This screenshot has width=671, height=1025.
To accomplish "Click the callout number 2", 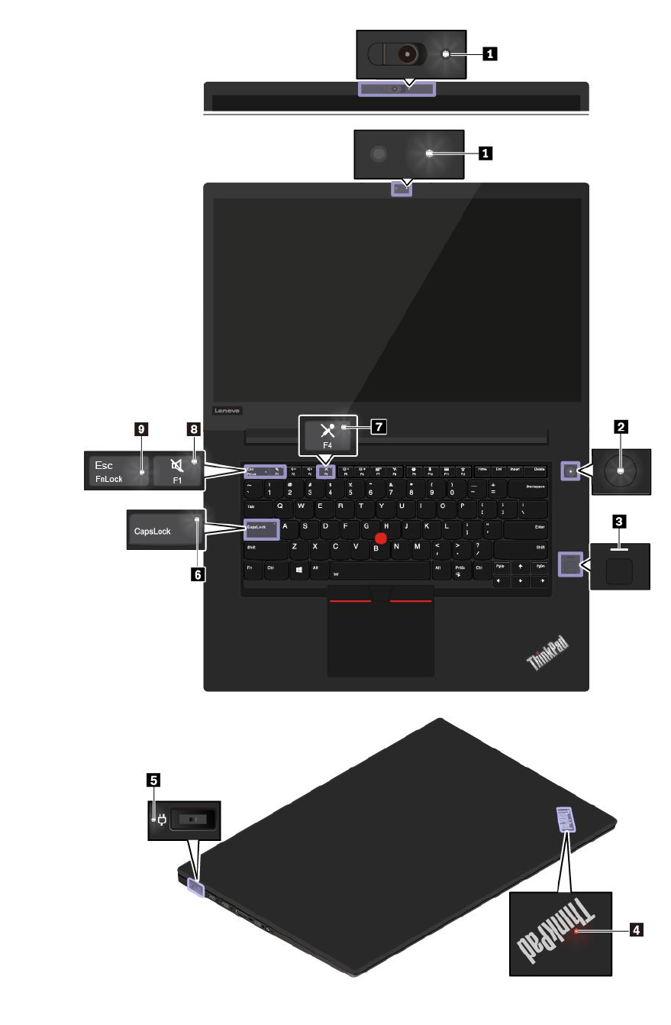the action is click(x=622, y=428).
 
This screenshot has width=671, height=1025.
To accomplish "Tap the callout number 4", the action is click(x=635, y=930).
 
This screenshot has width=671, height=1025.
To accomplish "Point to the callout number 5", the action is click(x=154, y=780).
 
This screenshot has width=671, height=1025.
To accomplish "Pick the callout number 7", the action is click(x=378, y=428).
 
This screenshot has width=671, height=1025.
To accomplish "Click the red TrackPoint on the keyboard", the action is click(x=381, y=539).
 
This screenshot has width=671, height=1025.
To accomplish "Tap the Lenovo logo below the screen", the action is click(x=227, y=410).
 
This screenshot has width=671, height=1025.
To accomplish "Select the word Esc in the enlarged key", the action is click(x=103, y=465).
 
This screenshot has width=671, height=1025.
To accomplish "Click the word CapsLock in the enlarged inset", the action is click(x=149, y=531).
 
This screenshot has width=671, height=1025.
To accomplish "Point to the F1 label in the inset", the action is click(x=176, y=481).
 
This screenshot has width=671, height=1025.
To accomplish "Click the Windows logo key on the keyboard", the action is click(x=300, y=569).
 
